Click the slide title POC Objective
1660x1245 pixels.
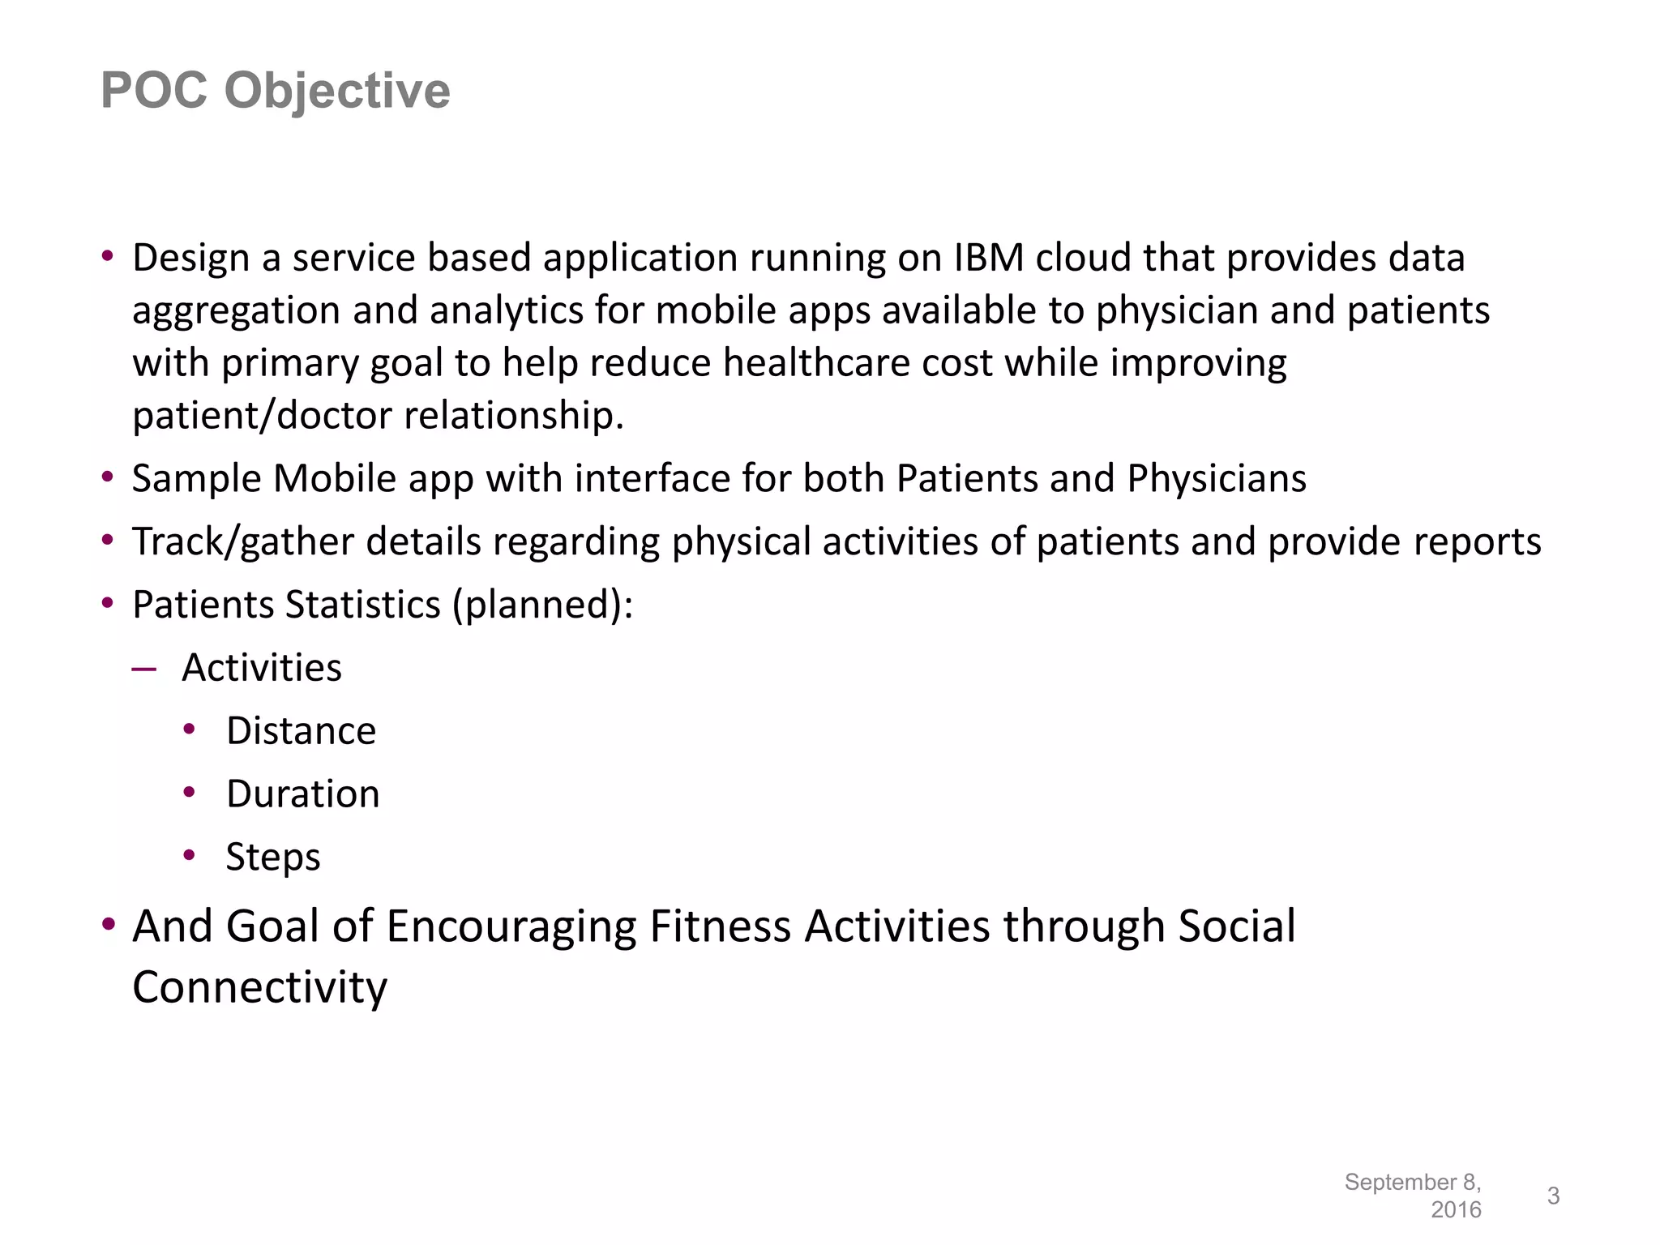point(275,90)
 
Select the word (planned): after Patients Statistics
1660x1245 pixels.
point(542,605)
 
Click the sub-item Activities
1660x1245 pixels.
point(262,668)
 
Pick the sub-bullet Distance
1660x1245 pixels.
point(301,731)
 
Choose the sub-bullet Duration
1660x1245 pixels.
point(302,794)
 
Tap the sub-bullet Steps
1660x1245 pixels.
point(273,857)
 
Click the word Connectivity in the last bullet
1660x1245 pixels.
point(259,987)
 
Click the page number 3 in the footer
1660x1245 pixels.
point(1553,1196)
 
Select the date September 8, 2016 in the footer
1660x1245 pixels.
point(1414,1196)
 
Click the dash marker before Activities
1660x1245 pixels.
point(143,669)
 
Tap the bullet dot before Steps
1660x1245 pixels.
point(190,855)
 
